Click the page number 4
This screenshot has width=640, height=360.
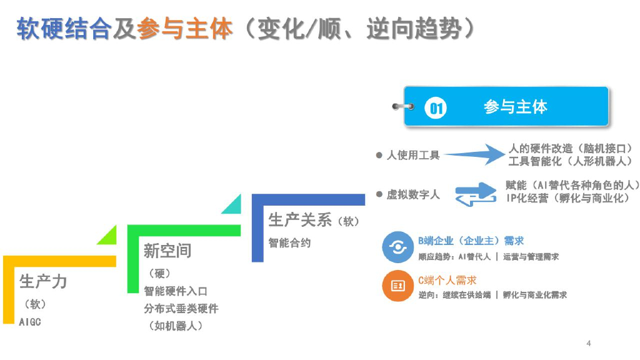[589, 342]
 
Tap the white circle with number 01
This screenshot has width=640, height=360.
[436, 108]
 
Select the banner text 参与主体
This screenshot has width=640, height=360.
[515, 107]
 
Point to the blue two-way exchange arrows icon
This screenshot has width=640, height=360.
[475, 194]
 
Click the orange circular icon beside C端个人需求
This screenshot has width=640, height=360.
[397, 286]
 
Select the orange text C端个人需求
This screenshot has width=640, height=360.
[447, 281]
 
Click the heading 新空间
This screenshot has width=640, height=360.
[167, 251]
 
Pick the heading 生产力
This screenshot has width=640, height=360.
[43, 282]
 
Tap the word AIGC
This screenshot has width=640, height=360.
[30, 322]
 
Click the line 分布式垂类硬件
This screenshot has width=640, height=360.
[181, 309]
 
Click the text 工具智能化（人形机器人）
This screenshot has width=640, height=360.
[568, 161]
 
